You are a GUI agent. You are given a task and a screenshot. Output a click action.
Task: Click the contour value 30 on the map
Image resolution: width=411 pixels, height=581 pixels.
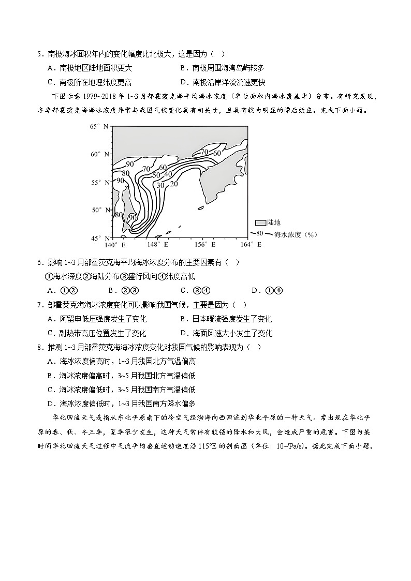point(160,185)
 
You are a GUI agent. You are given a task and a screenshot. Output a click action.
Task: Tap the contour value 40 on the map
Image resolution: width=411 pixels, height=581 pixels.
point(168,174)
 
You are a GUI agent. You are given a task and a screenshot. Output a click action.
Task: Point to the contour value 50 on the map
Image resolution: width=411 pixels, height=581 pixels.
point(156,175)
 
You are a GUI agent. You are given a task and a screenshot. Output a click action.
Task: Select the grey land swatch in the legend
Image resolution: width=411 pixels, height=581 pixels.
point(258,222)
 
